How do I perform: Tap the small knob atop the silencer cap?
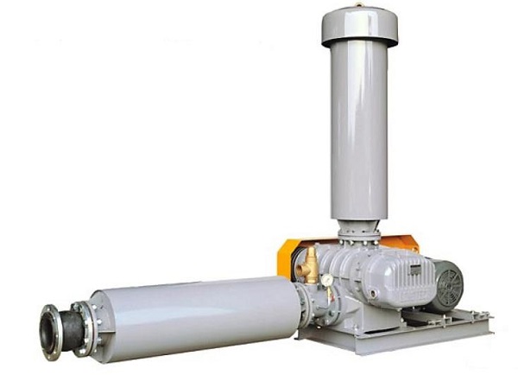point(359,5)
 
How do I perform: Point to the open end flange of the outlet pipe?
point(48,332)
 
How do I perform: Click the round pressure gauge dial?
point(328,280)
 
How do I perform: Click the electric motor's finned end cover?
point(446,283)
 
